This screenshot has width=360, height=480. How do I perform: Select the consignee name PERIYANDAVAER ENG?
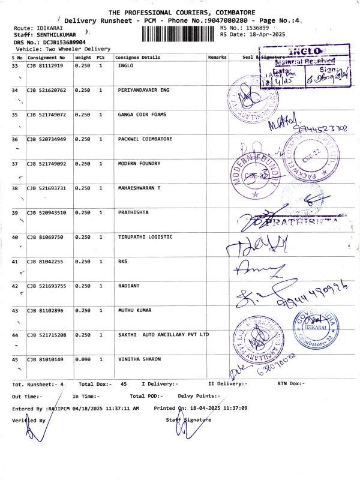coord(144,90)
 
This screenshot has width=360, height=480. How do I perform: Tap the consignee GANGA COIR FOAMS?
coord(142,115)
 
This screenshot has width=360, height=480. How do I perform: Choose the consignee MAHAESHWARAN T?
coord(140,188)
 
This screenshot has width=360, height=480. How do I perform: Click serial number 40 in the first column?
coord(15,238)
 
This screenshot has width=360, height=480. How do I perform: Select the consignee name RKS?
coord(123,262)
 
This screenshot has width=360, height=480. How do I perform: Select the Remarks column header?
coord(217,57)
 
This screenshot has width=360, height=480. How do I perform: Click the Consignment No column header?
coord(46,57)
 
